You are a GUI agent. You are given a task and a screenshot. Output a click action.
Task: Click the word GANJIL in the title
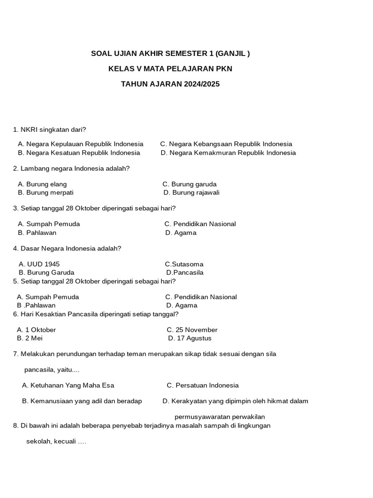tap(232, 53)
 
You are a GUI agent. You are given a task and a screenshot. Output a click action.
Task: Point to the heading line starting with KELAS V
tap(170, 69)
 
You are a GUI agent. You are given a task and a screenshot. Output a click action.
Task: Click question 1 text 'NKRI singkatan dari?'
tap(53, 129)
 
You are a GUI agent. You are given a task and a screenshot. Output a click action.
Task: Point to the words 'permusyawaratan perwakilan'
tap(220, 417)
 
